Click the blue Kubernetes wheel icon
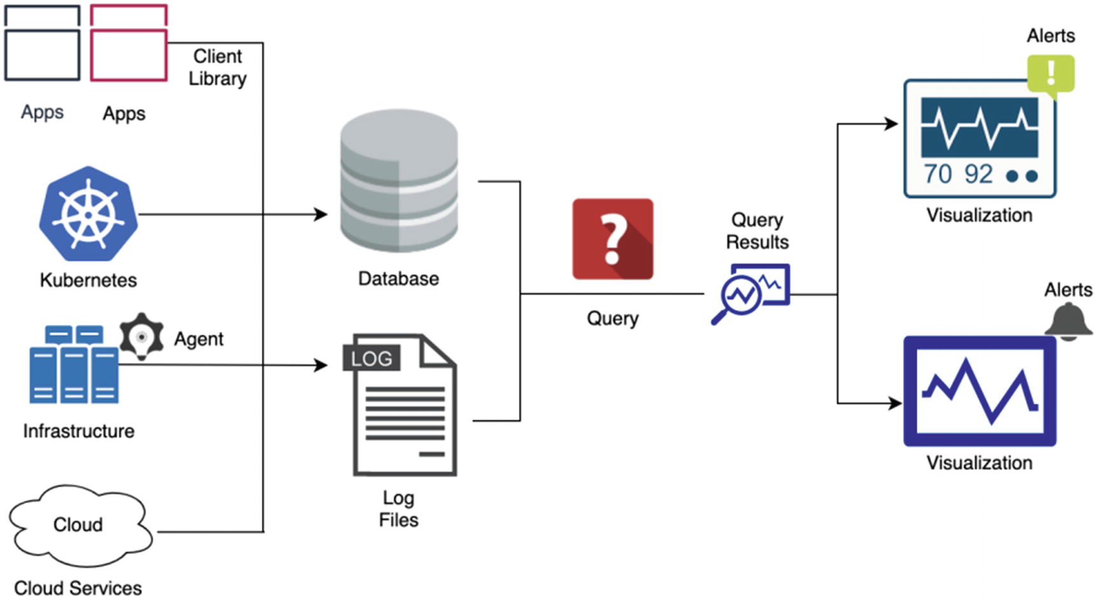(88, 214)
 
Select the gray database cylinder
(398, 182)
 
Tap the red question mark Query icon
(612, 239)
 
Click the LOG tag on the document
(372, 359)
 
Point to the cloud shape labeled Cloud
(80, 525)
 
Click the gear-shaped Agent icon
(141, 336)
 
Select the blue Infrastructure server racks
(74, 365)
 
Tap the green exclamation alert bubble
(1050, 74)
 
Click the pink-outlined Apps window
(129, 43)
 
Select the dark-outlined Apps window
(42, 43)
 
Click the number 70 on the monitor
(938, 174)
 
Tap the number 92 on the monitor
(978, 174)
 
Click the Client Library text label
(217, 67)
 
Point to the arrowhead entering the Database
(321, 215)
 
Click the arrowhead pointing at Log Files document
(321, 365)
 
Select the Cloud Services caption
(78, 588)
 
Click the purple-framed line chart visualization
(980, 391)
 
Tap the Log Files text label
(398, 508)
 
